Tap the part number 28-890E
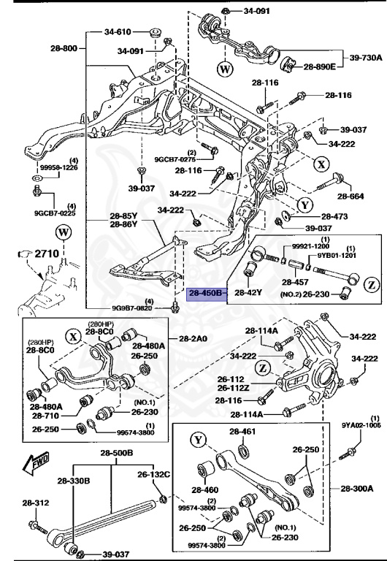319,66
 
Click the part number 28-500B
116,454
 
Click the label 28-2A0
192,338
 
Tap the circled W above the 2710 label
63,234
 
